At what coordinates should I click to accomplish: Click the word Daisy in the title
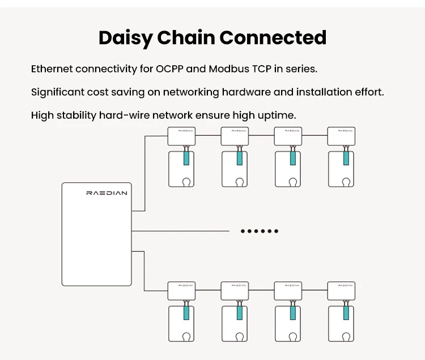(x=125, y=38)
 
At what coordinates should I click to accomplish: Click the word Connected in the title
(x=273, y=38)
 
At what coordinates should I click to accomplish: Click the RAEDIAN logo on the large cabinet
(x=107, y=192)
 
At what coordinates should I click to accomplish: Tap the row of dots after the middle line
(x=260, y=231)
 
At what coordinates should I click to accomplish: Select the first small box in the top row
(x=181, y=136)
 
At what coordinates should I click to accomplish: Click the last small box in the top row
(x=341, y=136)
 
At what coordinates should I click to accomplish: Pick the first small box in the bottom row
(x=181, y=291)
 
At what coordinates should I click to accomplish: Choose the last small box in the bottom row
(x=341, y=291)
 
